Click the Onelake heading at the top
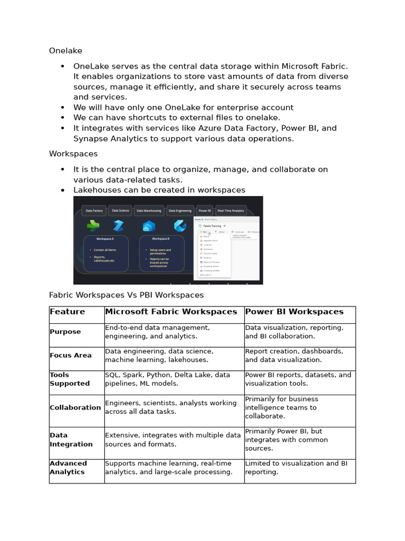coord(65,51)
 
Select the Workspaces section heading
coord(73,154)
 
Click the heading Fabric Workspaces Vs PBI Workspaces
coord(126,295)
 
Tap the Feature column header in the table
coord(67,312)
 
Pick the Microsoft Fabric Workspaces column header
coord(171,312)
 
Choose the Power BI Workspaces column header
coord(294,312)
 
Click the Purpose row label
coord(65,332)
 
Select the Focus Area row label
coord(71,356)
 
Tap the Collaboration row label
coord(75,407)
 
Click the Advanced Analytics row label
coord(69,468)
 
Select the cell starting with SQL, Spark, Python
coord(167,379)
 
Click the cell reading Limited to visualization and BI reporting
coord(296,468)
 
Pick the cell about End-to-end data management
coord(157,332)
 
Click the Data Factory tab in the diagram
coord(94,210)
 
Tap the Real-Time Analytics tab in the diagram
coord(230,210)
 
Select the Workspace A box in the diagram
coord(105,254)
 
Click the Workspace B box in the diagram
coord(161,254)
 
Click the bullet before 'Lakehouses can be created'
coord(63,190)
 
